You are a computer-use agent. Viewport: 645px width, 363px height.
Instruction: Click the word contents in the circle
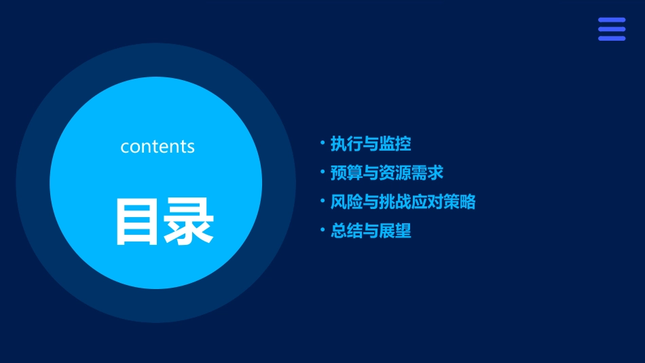(158, 147)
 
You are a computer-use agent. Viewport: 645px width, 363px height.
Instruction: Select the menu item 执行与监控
(371, 144)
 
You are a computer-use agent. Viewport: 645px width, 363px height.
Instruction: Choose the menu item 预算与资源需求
(387, 173)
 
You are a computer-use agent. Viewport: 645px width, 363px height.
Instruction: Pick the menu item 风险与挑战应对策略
(403, 202)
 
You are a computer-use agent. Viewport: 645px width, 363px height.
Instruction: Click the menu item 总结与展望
(371, 231)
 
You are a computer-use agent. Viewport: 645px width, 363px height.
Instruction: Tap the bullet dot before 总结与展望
(322, 230)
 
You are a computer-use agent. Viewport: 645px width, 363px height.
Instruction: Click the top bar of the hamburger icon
(612, 20)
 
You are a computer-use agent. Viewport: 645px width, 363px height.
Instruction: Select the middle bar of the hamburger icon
(612, 29)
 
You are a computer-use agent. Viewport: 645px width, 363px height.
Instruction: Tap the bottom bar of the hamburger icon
(612, 39)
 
